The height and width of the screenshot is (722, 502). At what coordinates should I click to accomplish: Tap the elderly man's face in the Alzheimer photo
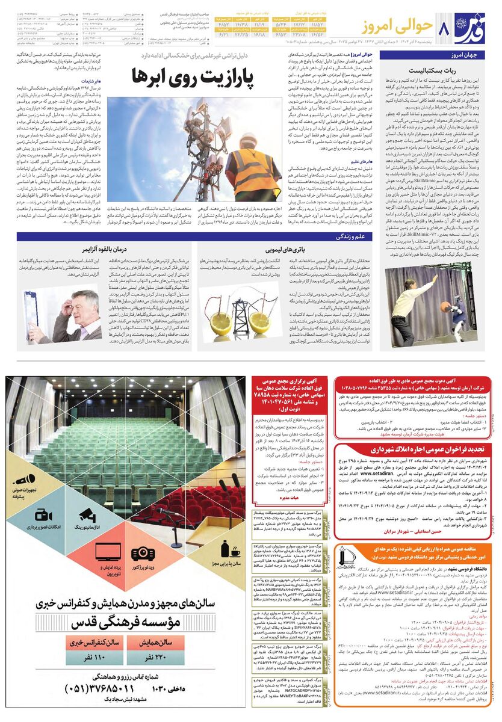[81, 304]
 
